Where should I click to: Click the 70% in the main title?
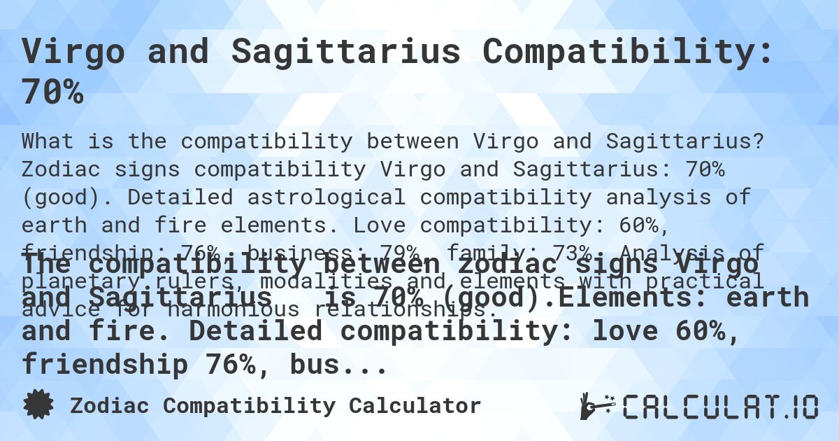click(52, 92)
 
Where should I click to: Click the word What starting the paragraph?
click(48, 141)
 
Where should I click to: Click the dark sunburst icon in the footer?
click(38, 405)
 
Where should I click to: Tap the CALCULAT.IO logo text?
click(720, 406)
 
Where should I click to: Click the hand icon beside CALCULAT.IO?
click(596, 406)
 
